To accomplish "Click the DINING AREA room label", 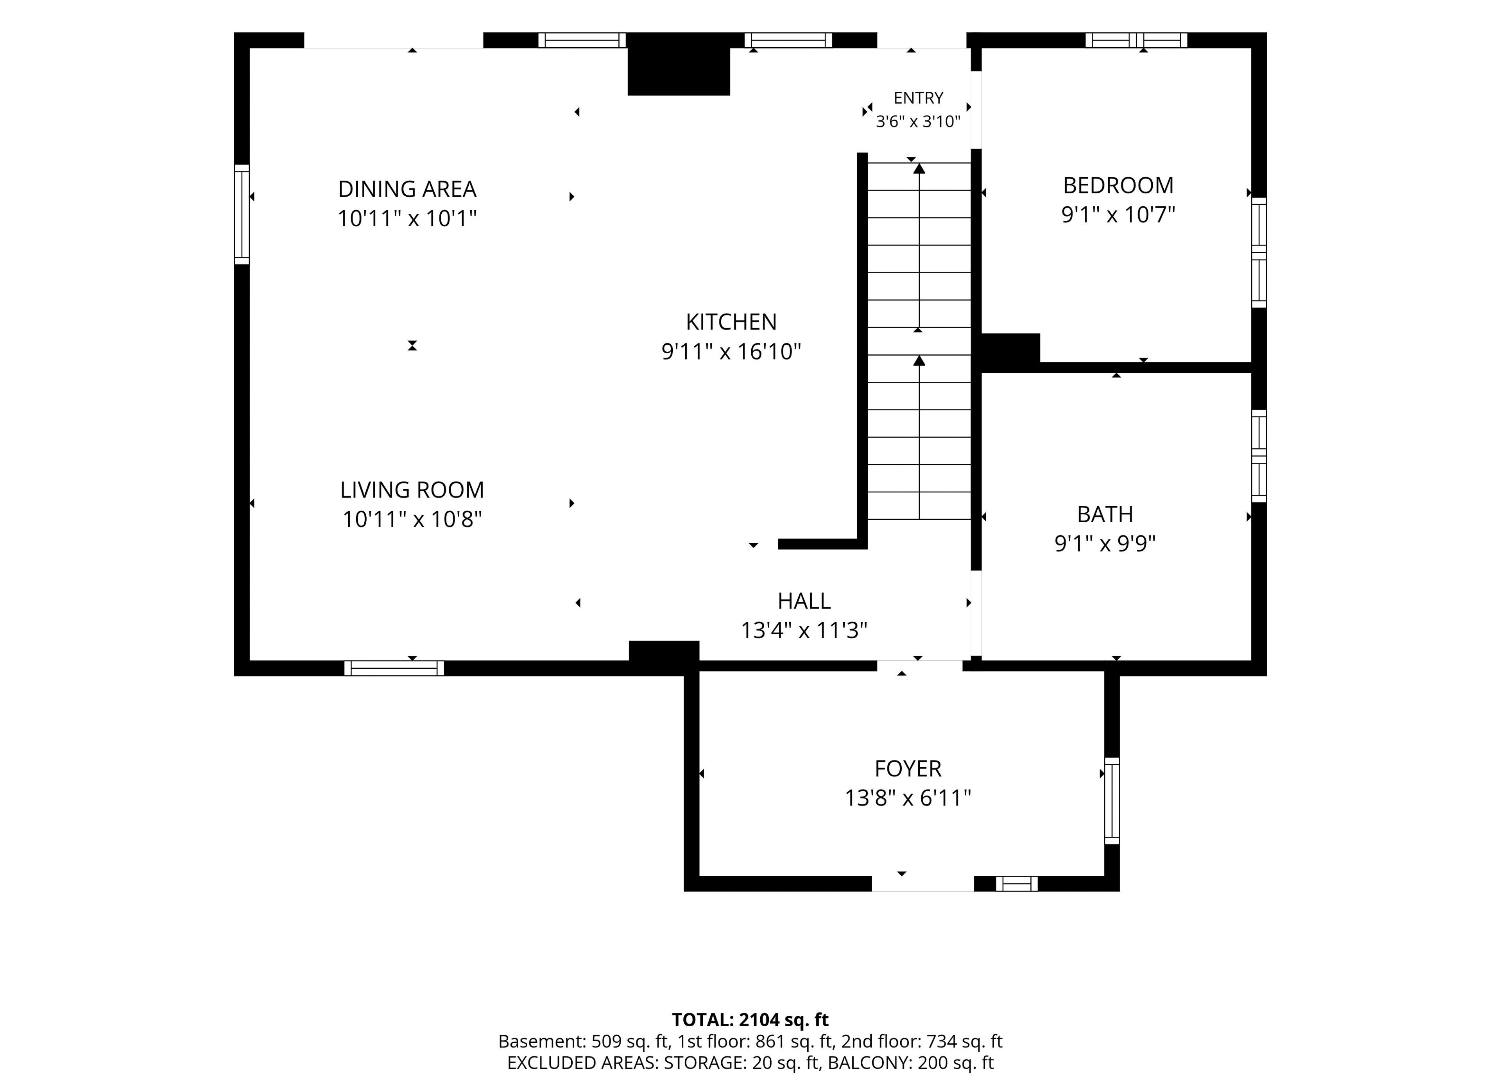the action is [x=407, y=189].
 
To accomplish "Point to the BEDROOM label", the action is [x=1118, y=185].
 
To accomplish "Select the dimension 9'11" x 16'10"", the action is [x=731, y=351].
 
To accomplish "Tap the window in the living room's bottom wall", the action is [x=394, y=668].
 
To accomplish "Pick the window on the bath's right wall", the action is [x=1259, y=456].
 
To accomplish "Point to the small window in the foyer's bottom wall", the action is [x=1017, y=884].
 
